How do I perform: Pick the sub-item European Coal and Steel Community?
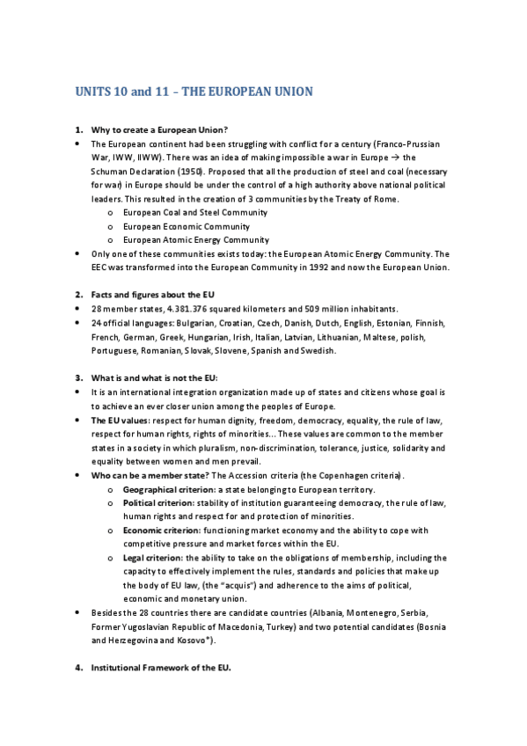point(195,213)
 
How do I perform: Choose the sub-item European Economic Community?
point(186,226)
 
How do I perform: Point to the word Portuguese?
point(117,350)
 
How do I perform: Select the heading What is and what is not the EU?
point(154,378)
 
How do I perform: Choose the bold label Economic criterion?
point(163,530)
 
